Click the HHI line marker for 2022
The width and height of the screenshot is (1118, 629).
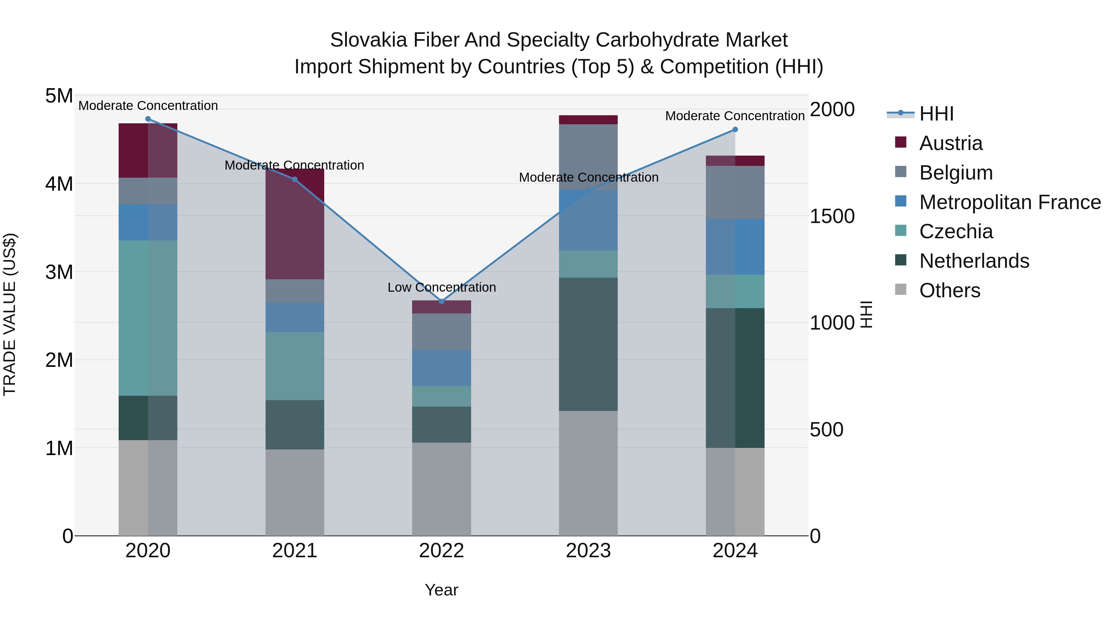[441, 301]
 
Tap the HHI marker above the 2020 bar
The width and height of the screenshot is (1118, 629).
[148, 119]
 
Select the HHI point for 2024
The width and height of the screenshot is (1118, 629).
[735, 129]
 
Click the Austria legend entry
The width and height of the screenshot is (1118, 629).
[951, 143]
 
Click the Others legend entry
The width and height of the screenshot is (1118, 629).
[949, 290]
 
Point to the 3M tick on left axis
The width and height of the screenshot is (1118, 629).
[59, 272]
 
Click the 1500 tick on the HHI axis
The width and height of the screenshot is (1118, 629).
[832, 216]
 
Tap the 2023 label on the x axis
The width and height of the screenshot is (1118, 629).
[588, 551]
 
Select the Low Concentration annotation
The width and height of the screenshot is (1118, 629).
[441, 287]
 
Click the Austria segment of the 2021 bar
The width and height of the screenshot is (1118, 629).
[295, 224]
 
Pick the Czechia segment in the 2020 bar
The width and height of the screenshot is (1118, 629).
[148, 318]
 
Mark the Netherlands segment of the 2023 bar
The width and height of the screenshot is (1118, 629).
[588, 344]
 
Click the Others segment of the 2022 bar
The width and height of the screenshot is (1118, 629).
[441, 489]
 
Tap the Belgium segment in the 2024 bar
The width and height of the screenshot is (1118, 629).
[735, 192]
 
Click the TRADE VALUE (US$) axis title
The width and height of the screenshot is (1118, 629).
[10, 314]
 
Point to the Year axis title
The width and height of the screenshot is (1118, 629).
[441, 590]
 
